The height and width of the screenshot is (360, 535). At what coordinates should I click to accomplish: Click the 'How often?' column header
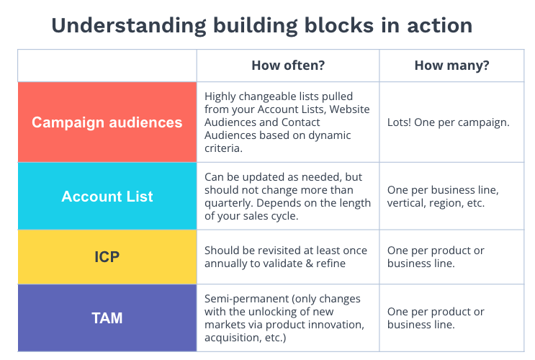coord(288,66)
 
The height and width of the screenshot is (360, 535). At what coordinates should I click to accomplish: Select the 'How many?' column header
coord(451,66)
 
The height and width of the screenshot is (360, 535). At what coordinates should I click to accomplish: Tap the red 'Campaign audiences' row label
coord(107,122)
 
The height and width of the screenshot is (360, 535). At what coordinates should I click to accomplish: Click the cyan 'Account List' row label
coord(107,197)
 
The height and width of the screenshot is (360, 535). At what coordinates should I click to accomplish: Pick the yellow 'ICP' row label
coord(107,257)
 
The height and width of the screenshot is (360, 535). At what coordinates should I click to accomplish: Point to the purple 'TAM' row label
coord(107,318)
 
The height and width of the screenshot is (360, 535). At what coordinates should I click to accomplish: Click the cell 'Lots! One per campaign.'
coord(448,122)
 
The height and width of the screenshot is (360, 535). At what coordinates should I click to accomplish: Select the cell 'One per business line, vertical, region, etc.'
coord(443,197)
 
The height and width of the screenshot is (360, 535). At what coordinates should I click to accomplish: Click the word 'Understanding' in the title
coord(129,26)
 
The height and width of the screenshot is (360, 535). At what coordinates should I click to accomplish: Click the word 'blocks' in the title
coord(339,26)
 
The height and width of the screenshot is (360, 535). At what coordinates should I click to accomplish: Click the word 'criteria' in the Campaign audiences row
coord(222,148)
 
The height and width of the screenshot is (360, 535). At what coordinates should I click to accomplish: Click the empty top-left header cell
coord(107,66)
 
